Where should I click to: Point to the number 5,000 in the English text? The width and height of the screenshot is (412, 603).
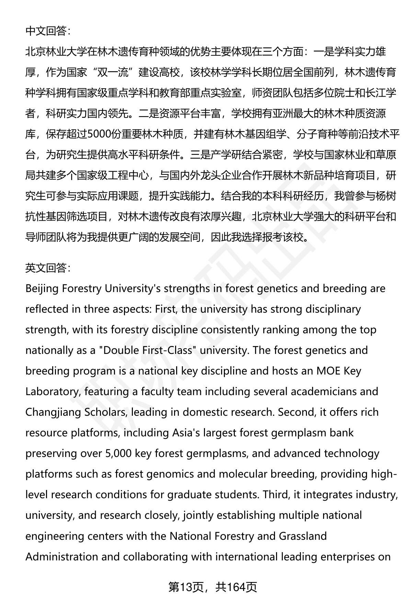click(x=117, y=454)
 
